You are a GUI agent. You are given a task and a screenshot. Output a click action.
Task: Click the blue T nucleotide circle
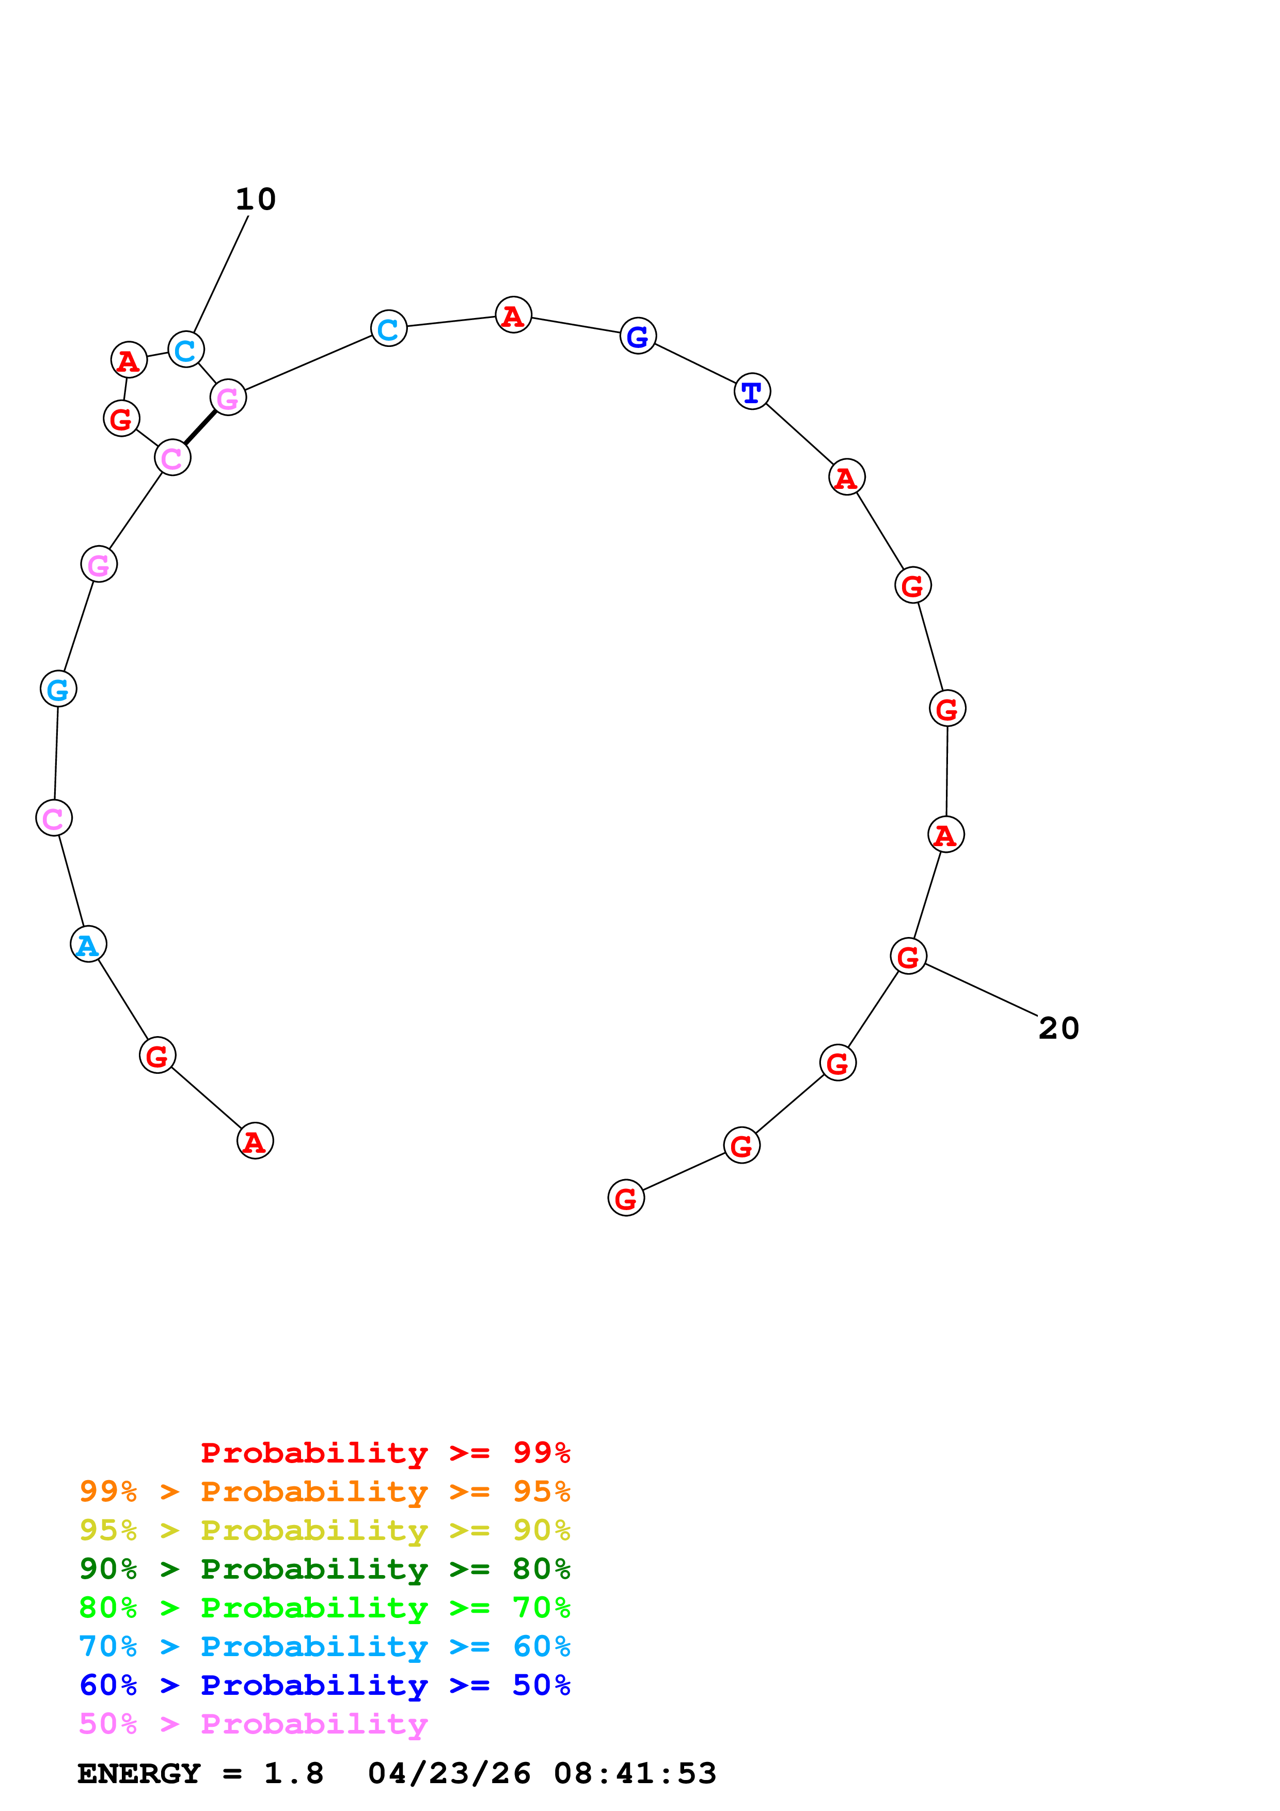coord(752,391)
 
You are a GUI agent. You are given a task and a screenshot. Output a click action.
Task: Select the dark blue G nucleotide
coord(638,336)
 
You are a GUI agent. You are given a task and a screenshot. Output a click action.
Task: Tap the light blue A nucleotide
coord(88,944)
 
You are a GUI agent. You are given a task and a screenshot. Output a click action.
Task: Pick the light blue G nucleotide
coord(58,689)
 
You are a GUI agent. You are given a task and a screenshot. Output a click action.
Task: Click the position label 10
coord(256,200)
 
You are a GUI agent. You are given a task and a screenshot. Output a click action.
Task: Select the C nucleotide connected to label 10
coord(186,350)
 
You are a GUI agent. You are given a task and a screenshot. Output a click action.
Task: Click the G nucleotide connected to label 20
coord(909,957)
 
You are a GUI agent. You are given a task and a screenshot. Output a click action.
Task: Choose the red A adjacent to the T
coord(847,477)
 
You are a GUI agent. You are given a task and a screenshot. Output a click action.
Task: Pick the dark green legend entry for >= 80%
coord(325,1569)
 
